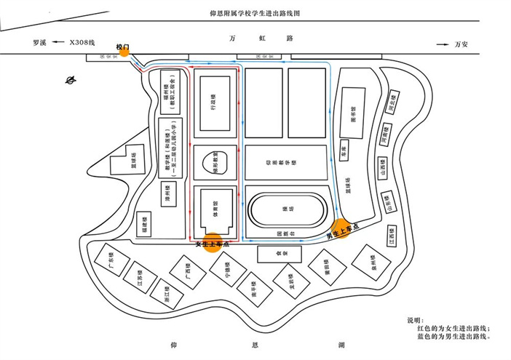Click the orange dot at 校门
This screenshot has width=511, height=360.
pyautogui.click(x=124, y=51)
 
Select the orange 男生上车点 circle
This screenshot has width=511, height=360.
pyautogui.click(x=341, y=229)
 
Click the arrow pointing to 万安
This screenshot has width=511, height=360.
pyautogui.click(x=442, y=44)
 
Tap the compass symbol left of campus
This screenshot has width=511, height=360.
pyautogui.click(x=71, y=81)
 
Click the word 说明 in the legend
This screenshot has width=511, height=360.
pyautogui.click(x=413, y=320)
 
